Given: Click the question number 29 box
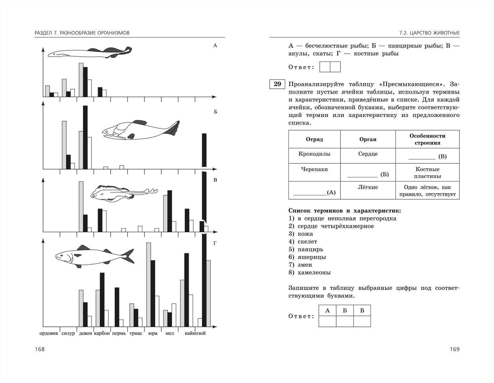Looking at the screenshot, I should (x=277, y=84).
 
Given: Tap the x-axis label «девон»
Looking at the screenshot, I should (x=85, y=333).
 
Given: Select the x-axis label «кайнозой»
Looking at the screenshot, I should (x=195, y=333).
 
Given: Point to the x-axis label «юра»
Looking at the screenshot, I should (x=153, y=333).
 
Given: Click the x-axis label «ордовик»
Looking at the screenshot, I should (x=49, y=333).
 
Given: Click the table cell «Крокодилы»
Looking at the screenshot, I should (x=314, y=154).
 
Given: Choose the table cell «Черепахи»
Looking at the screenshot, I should (x=314, y=169).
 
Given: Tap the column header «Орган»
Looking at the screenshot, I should (x=368, y=139).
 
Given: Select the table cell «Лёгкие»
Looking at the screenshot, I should (x=368, y=187).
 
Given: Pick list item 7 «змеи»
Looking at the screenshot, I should (x=305, y=265).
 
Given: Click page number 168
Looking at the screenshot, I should (x=40, y=349).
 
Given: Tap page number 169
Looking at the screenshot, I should (x=454, y=349).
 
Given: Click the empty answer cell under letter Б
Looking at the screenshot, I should (x=344, y=321).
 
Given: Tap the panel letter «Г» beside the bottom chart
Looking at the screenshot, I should (x=215, y=243).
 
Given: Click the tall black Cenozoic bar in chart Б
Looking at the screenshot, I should (x=204, y=150).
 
